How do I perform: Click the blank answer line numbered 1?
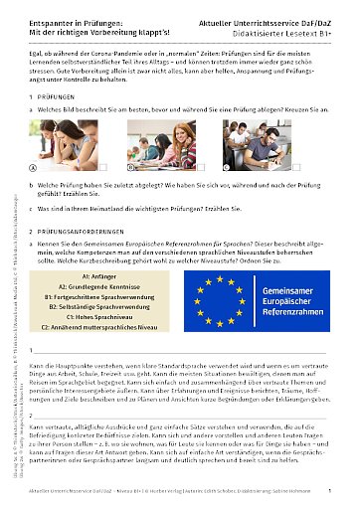(189, 352)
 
